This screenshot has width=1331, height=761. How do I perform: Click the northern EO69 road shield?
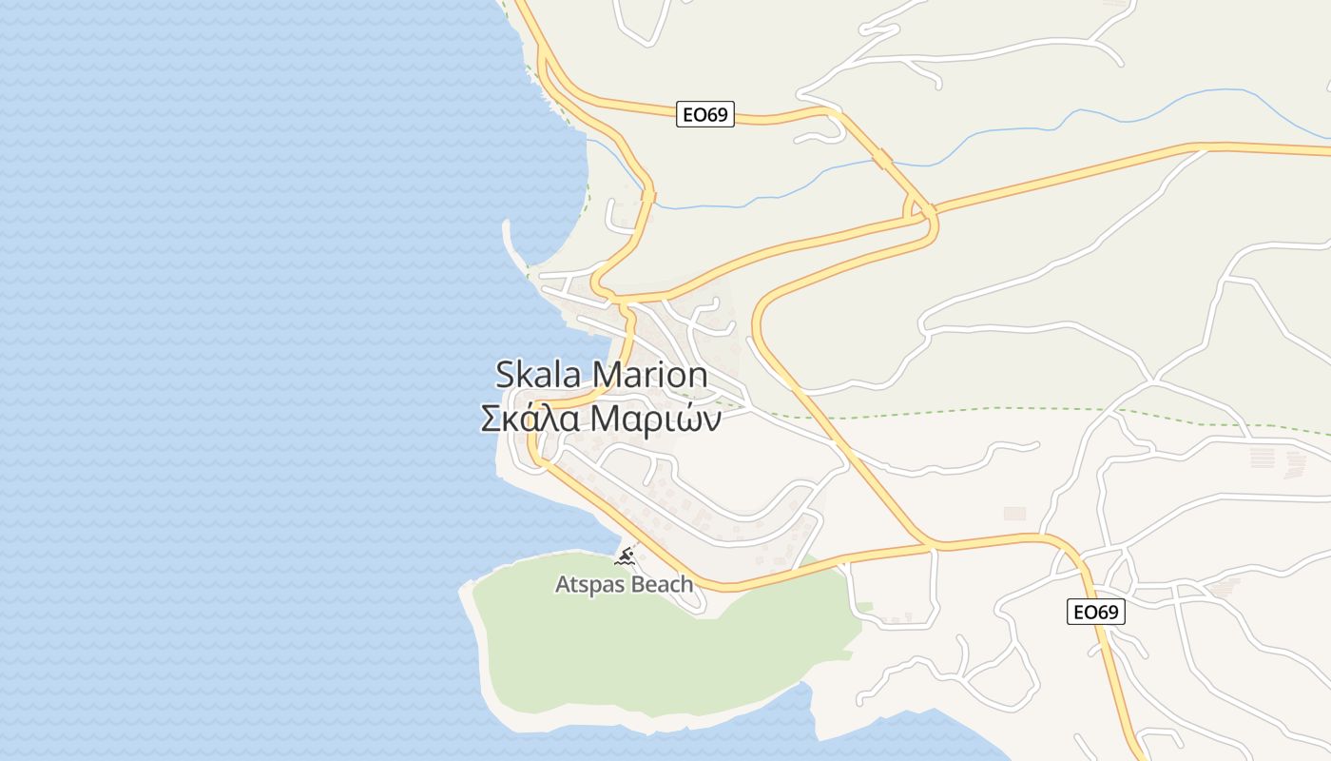[x=705, y=115]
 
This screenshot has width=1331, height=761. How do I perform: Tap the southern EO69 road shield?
[x=1095, y=612]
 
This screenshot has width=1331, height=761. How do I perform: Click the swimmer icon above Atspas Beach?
[x=625, y=556]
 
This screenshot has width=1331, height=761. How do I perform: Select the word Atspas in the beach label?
[x=588, y=584]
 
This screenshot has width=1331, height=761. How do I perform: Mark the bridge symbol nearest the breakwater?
[x=648, y=196]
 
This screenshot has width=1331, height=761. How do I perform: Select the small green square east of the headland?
[x=864, y=606]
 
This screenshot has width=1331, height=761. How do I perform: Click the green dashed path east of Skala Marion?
[x=951, y=410]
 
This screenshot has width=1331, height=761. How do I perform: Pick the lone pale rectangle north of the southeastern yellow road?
[x=1014, y=513]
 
